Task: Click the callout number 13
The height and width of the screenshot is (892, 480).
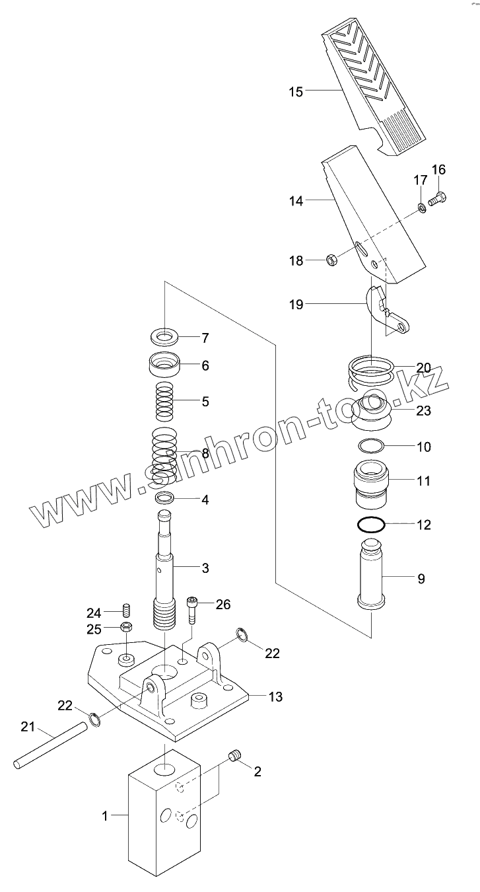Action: coord(275,696)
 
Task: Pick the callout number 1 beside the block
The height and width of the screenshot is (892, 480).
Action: coord(104,816)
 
